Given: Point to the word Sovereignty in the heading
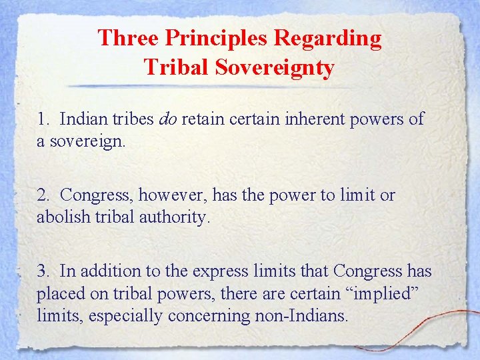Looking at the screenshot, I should click(271, 68).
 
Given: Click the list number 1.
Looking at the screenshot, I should click(43, 119).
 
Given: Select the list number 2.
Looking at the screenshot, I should click(43, 195).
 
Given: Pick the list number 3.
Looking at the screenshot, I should click(43, 271).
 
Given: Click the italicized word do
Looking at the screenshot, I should click(167, 119).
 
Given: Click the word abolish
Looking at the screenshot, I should click(61, 217).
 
